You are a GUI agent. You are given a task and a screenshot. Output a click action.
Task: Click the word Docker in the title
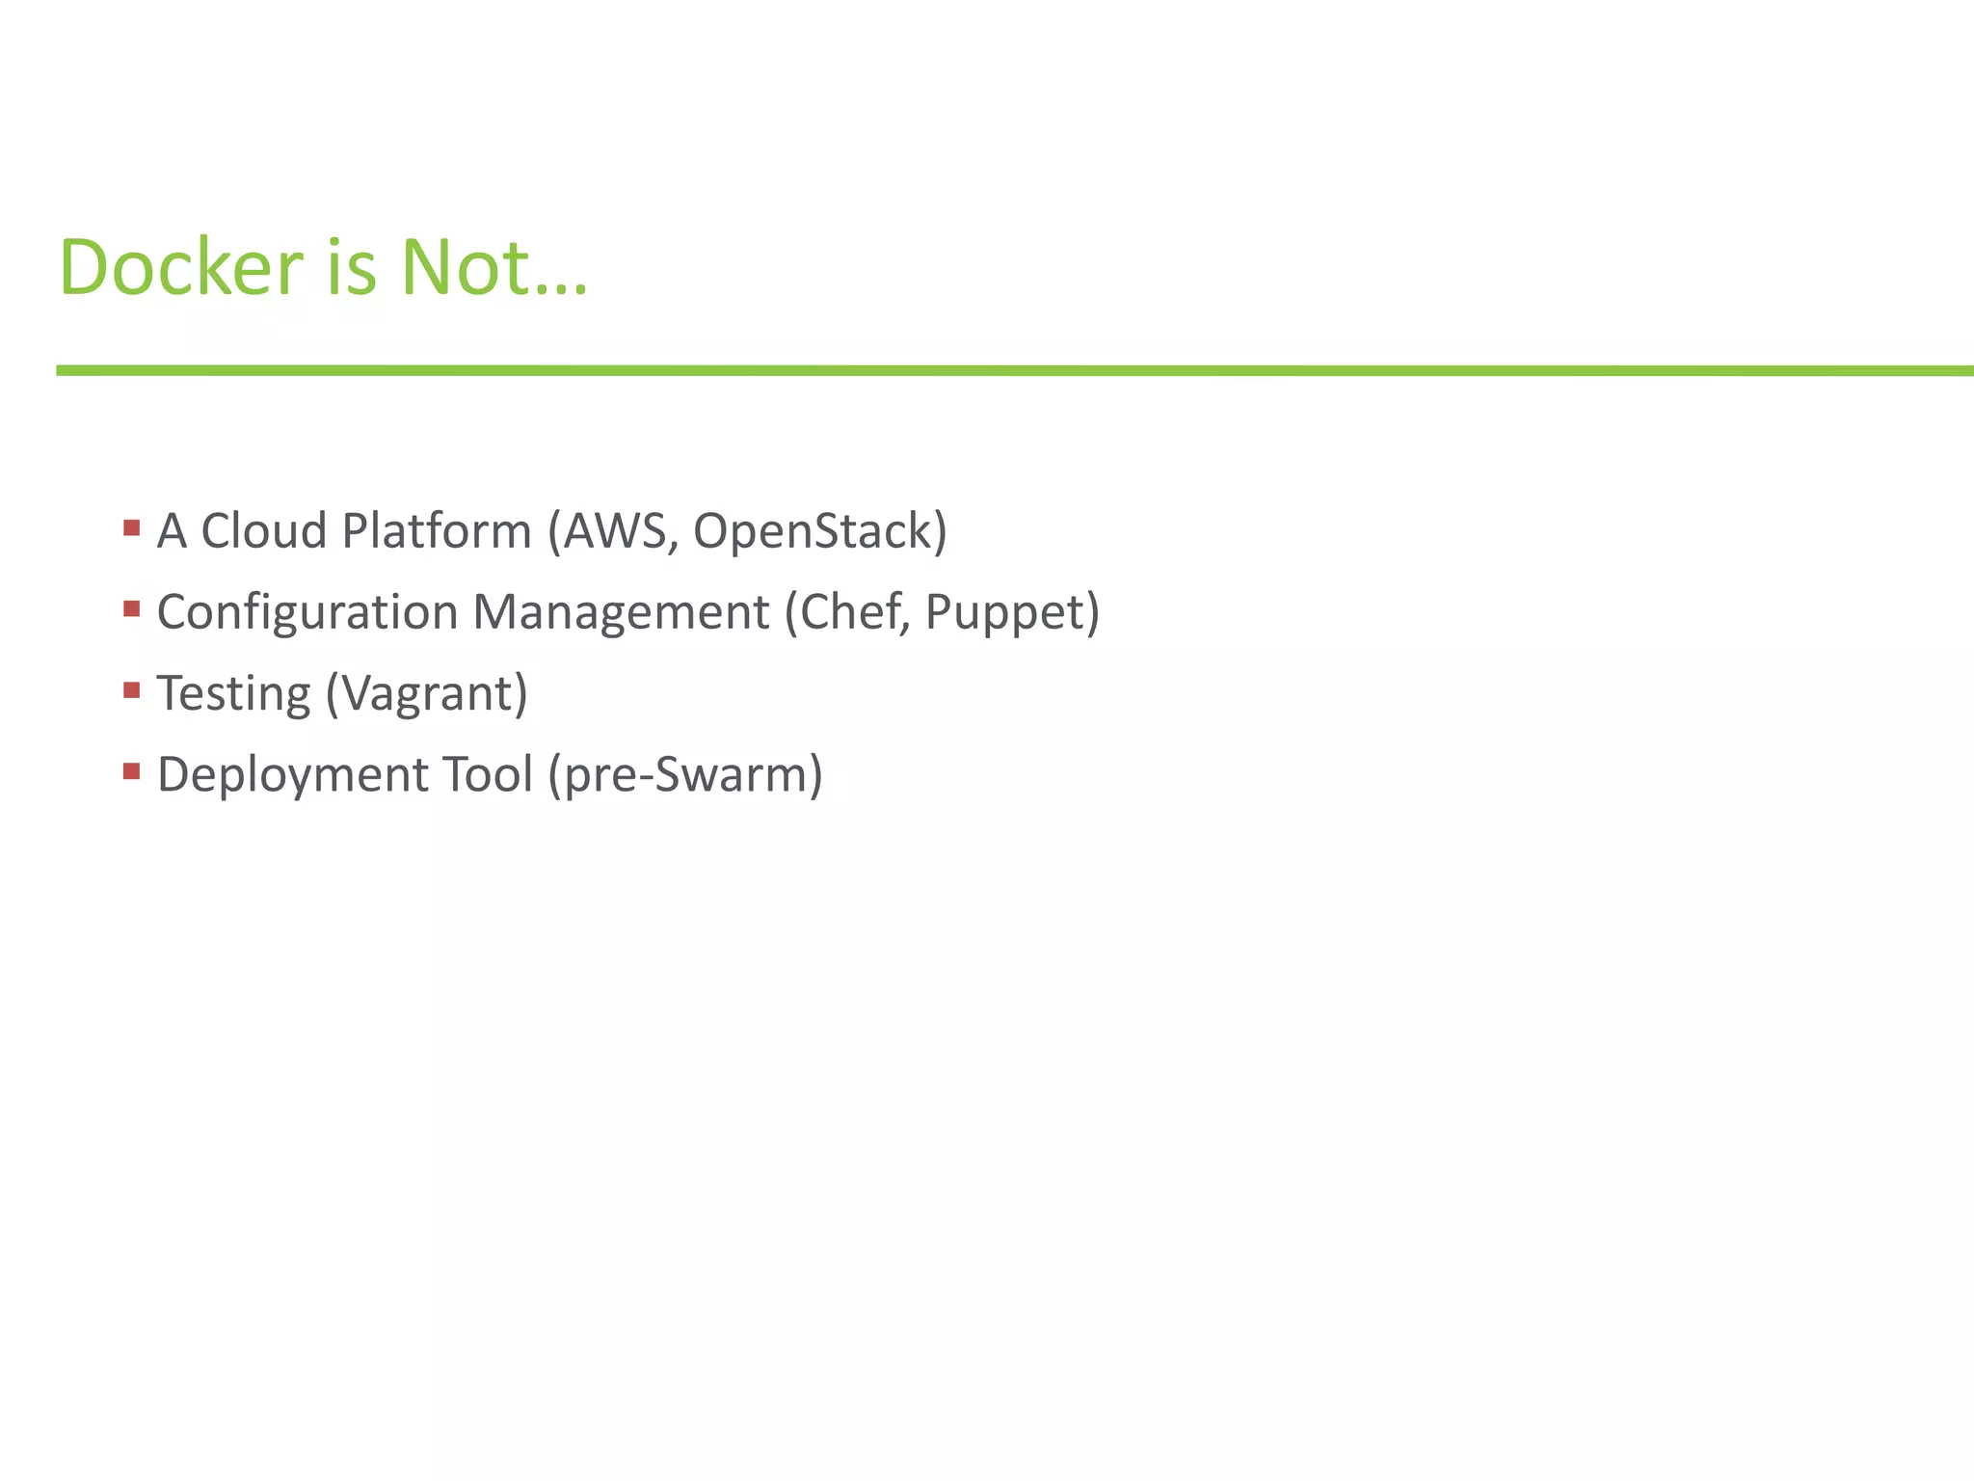[181, 267]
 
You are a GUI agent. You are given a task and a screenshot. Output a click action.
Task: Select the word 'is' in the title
[351, 267]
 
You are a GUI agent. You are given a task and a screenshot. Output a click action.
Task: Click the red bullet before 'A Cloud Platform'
[132, 527]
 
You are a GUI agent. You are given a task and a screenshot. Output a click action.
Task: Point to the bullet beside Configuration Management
[132, 608]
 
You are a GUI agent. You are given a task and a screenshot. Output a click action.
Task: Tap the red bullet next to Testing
[132, 689]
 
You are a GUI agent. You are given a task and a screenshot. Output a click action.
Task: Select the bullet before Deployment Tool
[132, 770]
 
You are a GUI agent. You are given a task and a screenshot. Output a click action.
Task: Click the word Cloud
[263, 530]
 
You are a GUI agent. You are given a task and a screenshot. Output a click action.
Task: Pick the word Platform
[437, 530]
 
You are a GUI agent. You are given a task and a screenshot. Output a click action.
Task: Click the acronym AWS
[614, 530]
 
